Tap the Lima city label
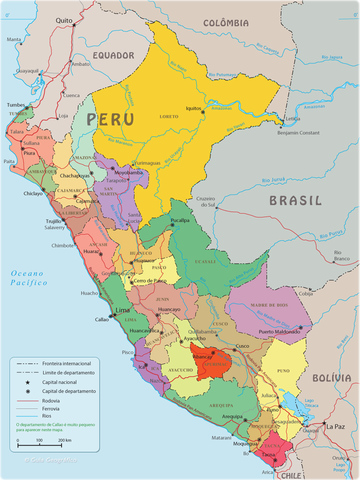[124, 312]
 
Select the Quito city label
[65, 20]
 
